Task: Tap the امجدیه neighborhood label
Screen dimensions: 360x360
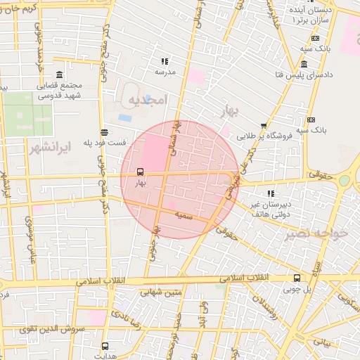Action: click(x=146, y=101)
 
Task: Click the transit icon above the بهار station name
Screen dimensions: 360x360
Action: click(x=140, y=172)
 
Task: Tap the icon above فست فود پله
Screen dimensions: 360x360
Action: click(x=105, y=132)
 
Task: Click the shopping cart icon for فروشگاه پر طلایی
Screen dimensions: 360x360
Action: click(x=264, y=126)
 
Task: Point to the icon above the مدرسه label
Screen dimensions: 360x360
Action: click(x=165, y=61)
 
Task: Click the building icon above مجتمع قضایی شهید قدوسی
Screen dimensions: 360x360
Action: click(x=58, y=75)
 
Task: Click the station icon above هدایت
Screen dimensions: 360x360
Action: click(x=105, y=347)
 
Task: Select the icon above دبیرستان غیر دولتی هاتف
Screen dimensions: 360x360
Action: click(x=271, y=193)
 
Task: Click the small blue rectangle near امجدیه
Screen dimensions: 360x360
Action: click(x=124, y=117)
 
